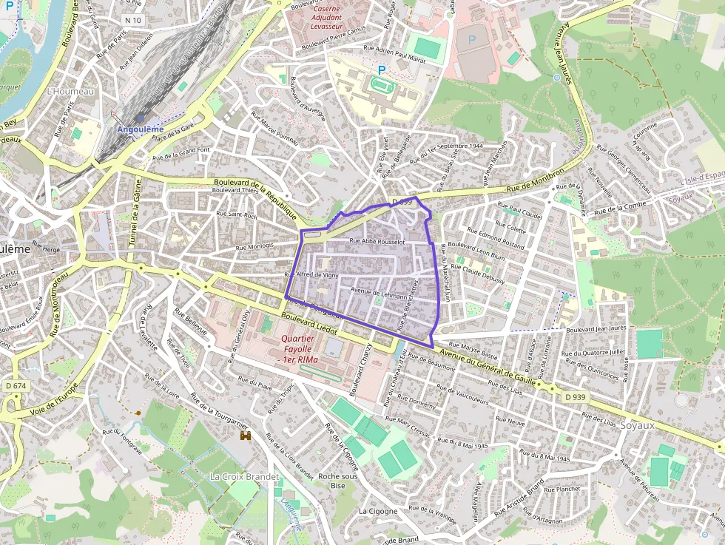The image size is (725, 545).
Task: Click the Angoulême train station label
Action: [x=141, y=129]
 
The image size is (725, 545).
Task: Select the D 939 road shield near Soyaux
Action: [x=575, y=397]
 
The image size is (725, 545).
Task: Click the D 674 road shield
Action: [x=15, y=385]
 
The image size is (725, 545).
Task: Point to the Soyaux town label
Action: [x=638, y=425]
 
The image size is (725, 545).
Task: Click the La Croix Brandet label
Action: [x=245, y=476]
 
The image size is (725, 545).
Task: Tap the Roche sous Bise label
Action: [x=338, y=481]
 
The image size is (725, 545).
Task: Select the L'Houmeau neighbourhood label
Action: [x=70, y=92]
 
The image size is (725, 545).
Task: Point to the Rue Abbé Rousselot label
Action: [x=377, y=241]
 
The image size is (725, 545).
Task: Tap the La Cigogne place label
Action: [x=378, y=511]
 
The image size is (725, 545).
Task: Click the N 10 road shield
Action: [x=134, y=19]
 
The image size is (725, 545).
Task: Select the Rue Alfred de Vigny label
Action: [x=311, y=275]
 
